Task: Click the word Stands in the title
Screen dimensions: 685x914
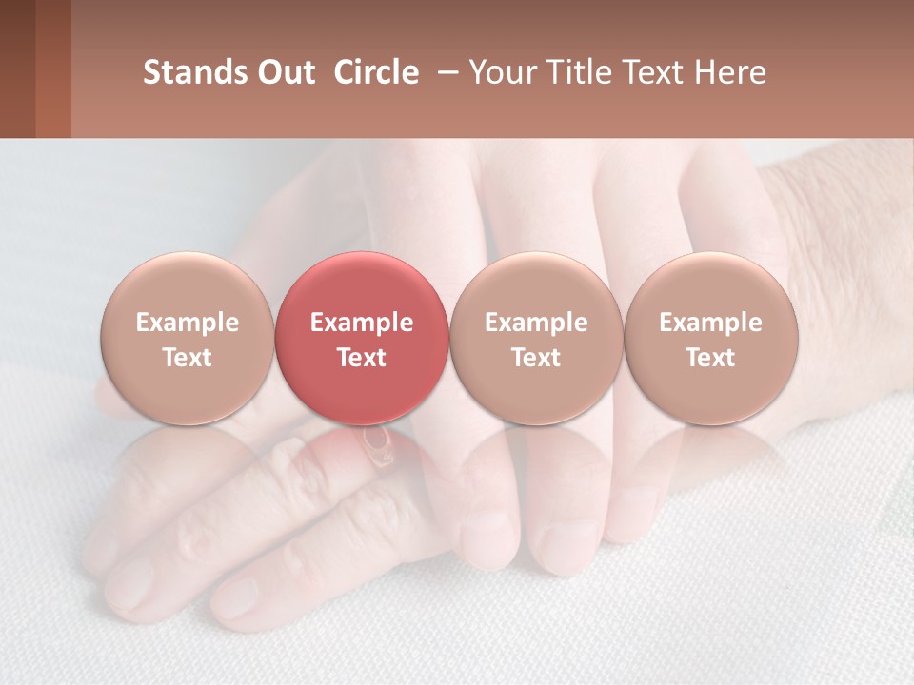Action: (188, 72)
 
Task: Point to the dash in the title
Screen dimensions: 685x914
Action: (448, 71)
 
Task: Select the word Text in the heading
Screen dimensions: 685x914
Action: (662, 72)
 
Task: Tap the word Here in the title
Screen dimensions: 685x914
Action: (734, 72)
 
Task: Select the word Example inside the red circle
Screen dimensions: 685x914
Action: (362, 323)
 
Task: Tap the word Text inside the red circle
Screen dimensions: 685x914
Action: (362, 358)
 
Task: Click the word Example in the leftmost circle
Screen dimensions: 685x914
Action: (188, 323)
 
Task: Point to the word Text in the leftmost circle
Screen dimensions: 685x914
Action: (188, 358)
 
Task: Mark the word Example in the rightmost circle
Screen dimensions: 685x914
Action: (710, 323)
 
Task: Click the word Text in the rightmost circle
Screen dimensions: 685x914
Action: (710, 358)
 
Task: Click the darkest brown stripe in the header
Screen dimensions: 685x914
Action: (17, 68)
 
